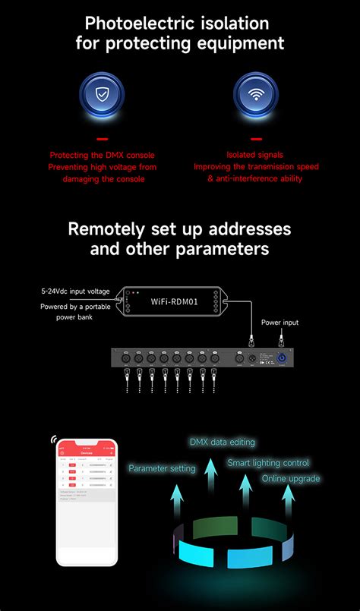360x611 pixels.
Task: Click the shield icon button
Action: (102, 96)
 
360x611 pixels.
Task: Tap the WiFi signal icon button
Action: (255, 96)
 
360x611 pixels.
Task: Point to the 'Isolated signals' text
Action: (256, 155)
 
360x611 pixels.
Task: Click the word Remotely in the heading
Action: (104, 228)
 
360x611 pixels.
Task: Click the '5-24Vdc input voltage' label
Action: (75, 291)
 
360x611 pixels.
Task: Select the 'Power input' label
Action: (279, 323)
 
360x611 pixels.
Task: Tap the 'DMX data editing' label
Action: (222, 442)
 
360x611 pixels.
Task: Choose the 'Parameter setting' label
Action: (162, 468)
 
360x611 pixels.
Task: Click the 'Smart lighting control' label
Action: (268, 462)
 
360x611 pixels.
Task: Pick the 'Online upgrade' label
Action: (291, 479)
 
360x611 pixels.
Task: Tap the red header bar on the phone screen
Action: (87, 452)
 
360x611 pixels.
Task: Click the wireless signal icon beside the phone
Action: (55, 439)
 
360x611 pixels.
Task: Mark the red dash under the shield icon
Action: (102, 138)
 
